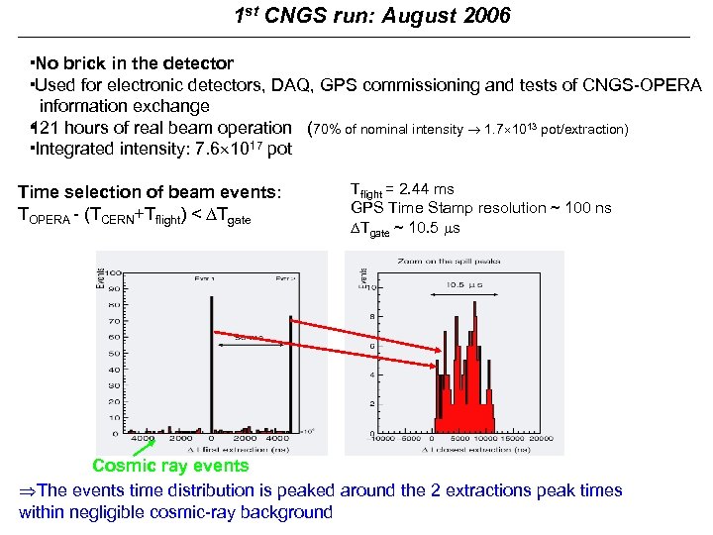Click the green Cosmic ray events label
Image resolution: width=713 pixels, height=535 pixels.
pos(170,466)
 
